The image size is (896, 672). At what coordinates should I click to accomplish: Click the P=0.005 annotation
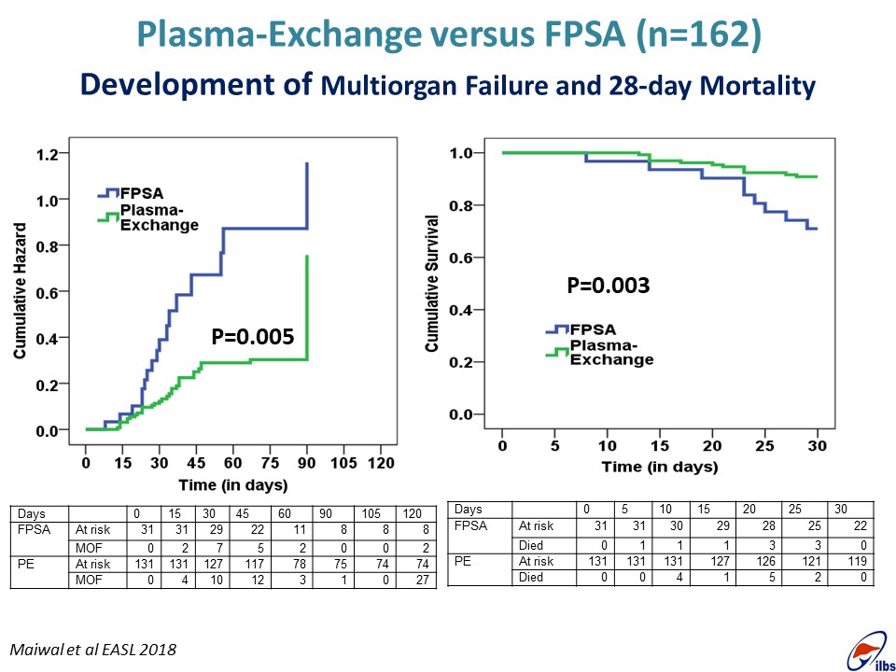pyautogui.click(x=253, y=337)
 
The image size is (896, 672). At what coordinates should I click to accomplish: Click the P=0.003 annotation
pyautogui.click(x=609, y=286)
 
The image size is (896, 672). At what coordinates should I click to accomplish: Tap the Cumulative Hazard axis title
pyautogui.click(x=20, y=291)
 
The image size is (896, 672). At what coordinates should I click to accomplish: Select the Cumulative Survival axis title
pyautogui.click(x=432, y=283)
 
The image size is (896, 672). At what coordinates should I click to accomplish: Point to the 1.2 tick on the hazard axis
pyautogui.click(x=47, y=154)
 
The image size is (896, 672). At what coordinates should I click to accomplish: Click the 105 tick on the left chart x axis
pyautogui.click(x=344, y=464)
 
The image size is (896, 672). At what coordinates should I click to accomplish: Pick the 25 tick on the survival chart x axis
pyautogui.click(x=764, y=447)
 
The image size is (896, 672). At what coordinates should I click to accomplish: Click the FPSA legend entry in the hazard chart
pyautogui.click(x=138, y=193)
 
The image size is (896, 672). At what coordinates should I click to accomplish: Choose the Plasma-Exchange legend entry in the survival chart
pyautogui.click(x=611, y=354)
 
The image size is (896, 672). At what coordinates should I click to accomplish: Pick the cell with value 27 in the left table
pyautogui.click(x=417, y=580)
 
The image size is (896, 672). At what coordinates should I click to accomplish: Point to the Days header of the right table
pyautogui.click(x=470, y=509)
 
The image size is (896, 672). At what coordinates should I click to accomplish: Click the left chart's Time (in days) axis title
pyautogui.click(x=234, y=485)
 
